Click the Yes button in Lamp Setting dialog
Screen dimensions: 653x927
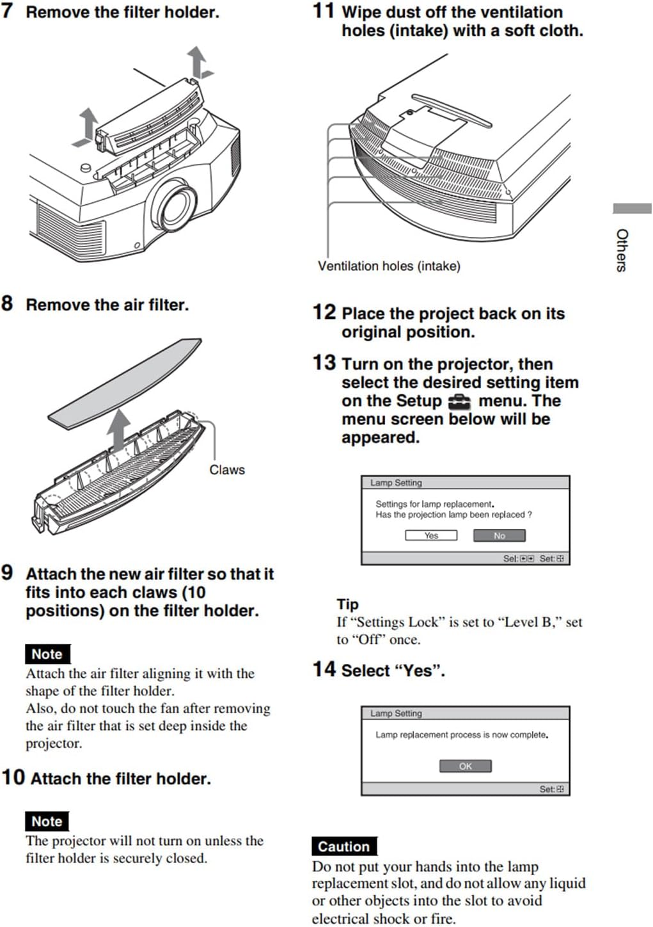pyautogui.click(x=431, y=535)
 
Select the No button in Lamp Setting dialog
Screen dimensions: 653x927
pyautogui.click(x=499, y=535)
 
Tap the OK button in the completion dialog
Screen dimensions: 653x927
pyautogui.click(x=465, y=766)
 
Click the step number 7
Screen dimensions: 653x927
pyautogui.click(x=7, y=11)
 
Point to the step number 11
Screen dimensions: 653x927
pyautogui.click(x=323, y=11)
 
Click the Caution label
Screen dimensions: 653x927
pyautogui.click(x=343, y=846)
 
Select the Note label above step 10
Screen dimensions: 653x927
pyautogui.click(x=47, y=821)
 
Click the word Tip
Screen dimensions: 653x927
pyautogui.click(x=347, y=604)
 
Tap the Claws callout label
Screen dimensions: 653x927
pyautogui.click(x=226, y=470)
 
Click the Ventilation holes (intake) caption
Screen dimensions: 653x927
pyautogui.click(x=389, y=266)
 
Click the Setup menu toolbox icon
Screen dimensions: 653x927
pyautogui.click(x=459, y=401)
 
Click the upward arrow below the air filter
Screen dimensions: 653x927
pyautogui.click(x=118, y=430)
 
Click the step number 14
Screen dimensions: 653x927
pyautogui.click(x=324, y=669)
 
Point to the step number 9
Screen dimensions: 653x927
pyautogui.click(x=7, y=572)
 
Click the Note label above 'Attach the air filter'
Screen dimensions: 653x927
pyautogui.click(x=47, y=654)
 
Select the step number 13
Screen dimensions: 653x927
pyautogui.click(x=324, y=362)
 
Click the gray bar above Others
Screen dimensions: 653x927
pyautogui.click(x=631, y=209)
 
